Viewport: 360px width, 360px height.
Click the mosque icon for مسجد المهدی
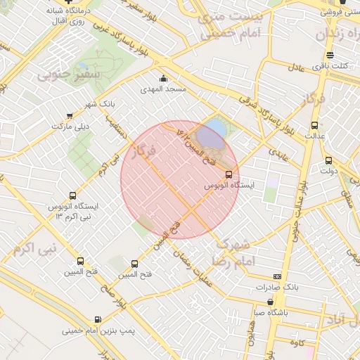[x=164, y=78]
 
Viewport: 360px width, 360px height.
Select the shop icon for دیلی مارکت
[x=69, y=116]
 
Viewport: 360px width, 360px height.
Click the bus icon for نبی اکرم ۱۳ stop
[x=72, y=196]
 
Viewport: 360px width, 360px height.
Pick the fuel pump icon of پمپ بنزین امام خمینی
[x=96, y=319]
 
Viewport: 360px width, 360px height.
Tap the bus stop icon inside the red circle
[x=229, y=174]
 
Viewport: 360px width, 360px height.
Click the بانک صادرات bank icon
[x=277, y=276]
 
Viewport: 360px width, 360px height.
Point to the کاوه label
[x=295, y=342]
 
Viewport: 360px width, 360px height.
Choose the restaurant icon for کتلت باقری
[x=330, y=56]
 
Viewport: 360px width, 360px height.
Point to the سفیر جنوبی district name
[x=79, y=72]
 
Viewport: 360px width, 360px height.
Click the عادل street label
[x=296, y=67]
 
